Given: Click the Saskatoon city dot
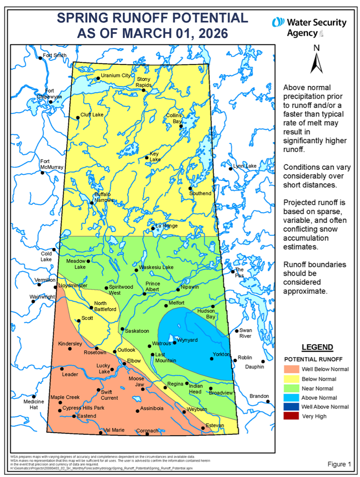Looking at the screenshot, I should click(122, 329).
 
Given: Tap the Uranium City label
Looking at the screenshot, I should click(115, 76).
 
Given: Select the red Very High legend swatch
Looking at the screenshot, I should click(291, 416).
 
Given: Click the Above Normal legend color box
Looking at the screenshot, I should click(291, 397).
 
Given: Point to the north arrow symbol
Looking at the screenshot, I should click(316, 63).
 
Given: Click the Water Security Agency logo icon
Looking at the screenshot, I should click(278, 22).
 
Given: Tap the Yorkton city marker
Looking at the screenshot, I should click(212, 358).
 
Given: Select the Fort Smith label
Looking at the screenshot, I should click(55, 55).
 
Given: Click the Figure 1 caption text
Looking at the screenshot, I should click(339, 464).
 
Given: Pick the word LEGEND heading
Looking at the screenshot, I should click(317, 347).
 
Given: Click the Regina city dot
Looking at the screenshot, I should click(165, 388).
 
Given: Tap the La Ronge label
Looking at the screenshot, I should click(166, 226).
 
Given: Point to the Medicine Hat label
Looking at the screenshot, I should click(34, 404).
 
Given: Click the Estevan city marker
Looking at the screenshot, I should click(203, 428).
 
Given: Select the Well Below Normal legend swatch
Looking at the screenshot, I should click(291, 369).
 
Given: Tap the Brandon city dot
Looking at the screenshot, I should click(268, 401).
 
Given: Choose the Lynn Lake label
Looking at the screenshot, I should click(245, 166).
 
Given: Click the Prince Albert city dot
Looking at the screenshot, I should click(145, 294).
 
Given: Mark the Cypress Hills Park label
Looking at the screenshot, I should click(83, 408).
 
